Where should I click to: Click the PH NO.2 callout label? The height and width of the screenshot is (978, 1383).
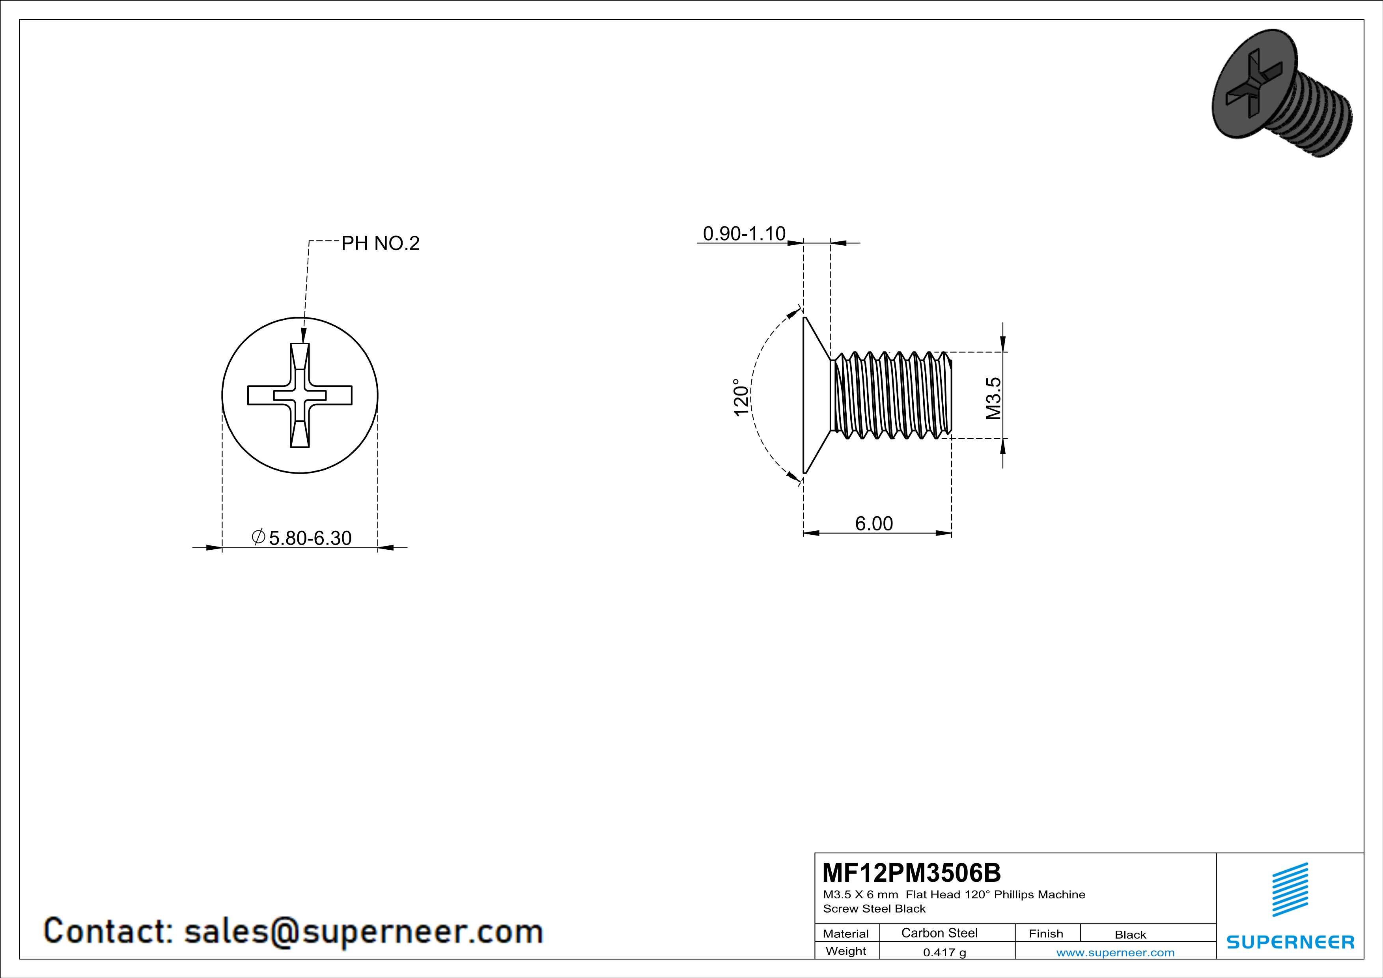tap(380, 243)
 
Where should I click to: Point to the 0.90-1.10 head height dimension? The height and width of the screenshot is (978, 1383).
tap(744, 234)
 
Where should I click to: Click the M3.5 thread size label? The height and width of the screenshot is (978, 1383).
tap(993, 398)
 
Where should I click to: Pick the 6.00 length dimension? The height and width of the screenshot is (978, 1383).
tap(874, 523)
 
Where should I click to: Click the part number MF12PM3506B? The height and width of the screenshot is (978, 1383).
tap(911, 872)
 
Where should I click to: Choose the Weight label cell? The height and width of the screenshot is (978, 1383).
tap(846, 951)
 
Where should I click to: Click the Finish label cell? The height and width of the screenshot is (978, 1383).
tap(1046, 933)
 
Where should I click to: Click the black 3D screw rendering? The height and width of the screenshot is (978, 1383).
tap(1281, 92)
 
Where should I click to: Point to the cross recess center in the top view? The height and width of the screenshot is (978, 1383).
tap(300, 395)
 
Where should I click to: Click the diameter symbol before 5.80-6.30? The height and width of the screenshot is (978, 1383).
tap(258, 536)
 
